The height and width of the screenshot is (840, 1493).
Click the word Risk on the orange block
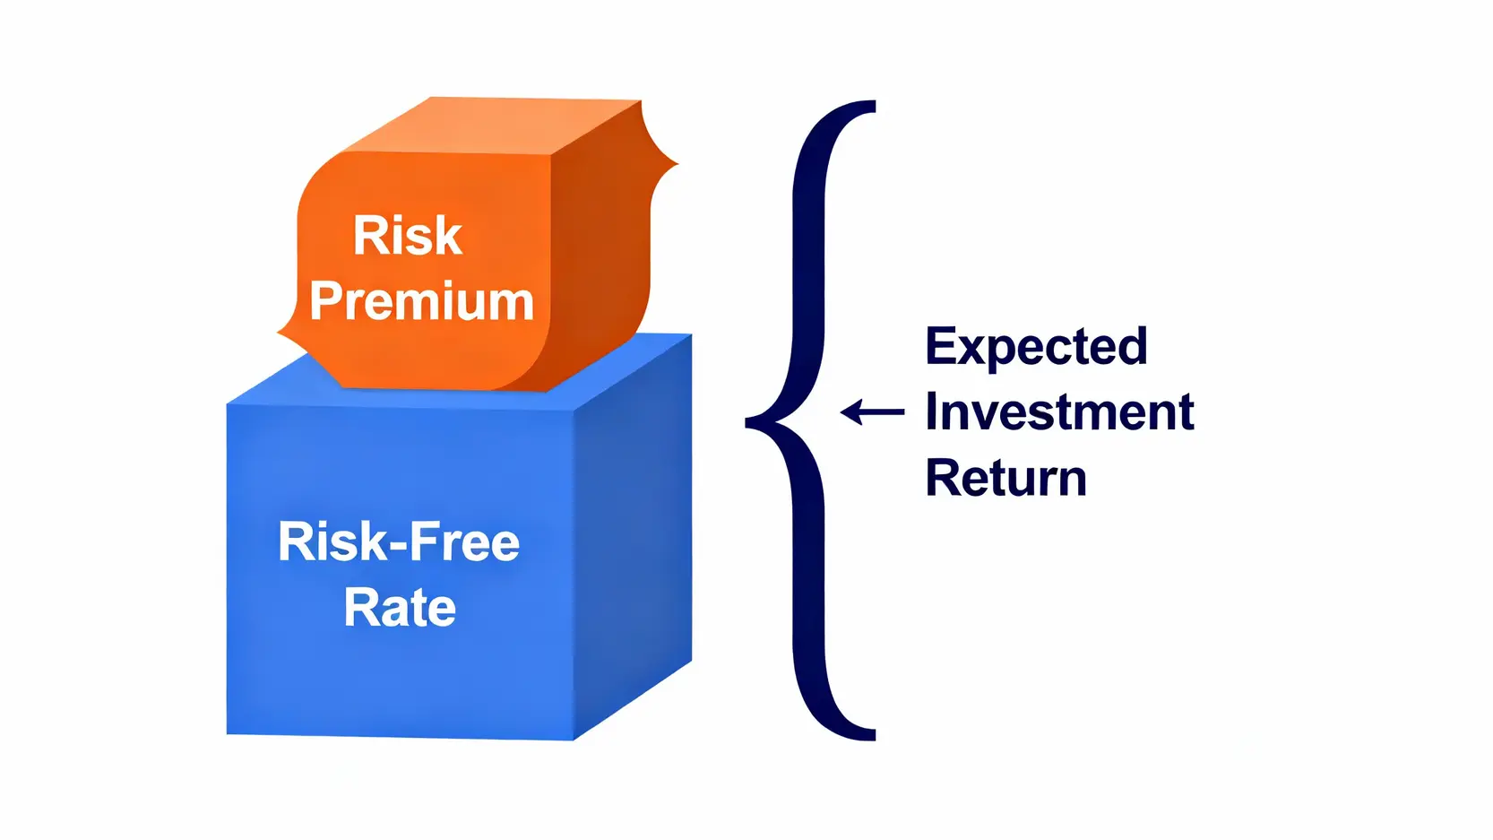pyautogui.click(x=408, y=235)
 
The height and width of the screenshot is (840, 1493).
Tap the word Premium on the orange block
pyautogui.click(x=421, y=301)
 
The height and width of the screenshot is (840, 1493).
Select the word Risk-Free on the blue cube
pyautogui.click(x=399, y=542)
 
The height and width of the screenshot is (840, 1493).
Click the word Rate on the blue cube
pyautogui.click(x=400, y=608)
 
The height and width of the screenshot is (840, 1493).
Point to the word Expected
pyautogui.click(x=1036, y=347)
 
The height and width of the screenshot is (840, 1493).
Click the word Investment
pyautogui.click(x=1059, y=412)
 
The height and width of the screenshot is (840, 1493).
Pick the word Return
pyautogui.click(x=1005, y=478)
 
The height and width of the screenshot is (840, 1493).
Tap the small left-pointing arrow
pyautogui.click(x=872, y=412)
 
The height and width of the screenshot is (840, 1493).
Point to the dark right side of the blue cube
pyautogui.click(x=633, y=538)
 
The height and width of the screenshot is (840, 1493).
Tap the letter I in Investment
pyautogui.click(x=932, y=412)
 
